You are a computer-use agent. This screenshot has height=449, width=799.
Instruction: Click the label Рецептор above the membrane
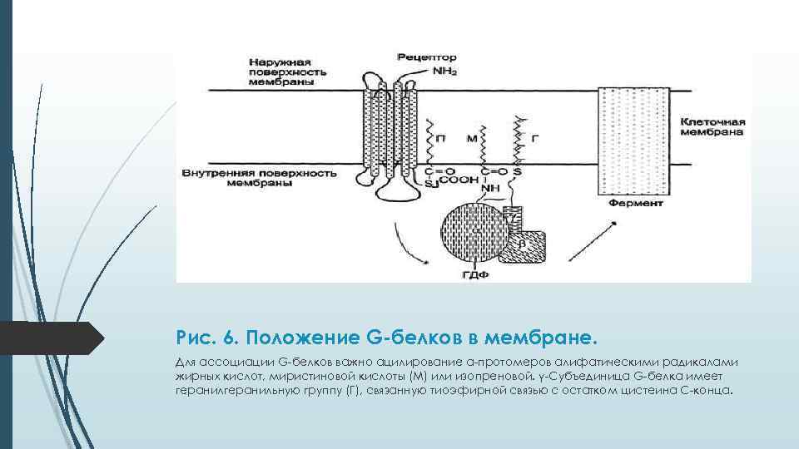427,58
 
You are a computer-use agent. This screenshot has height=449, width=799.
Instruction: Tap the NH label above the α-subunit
491,189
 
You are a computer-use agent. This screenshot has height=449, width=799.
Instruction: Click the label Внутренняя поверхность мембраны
258,177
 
